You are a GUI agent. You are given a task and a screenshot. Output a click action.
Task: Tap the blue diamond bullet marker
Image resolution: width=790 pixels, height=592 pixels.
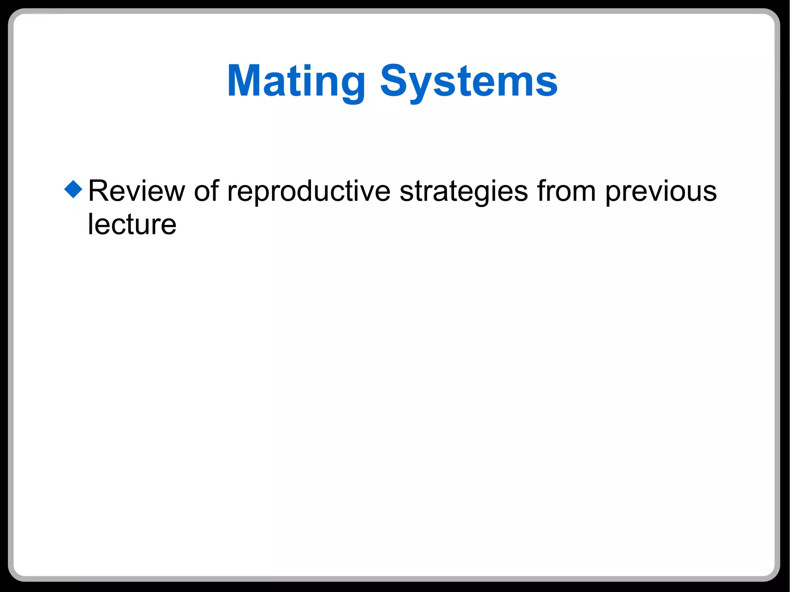(74, 189)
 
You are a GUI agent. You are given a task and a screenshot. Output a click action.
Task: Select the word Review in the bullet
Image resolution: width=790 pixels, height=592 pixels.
(137, 191)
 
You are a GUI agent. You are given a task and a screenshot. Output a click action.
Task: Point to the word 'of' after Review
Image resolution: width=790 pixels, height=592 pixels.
(206, 191)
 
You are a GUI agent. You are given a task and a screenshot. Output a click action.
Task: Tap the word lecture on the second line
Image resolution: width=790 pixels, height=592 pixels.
(132, 224)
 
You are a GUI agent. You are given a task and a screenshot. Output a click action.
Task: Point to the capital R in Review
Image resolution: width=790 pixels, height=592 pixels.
(98, 191)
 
